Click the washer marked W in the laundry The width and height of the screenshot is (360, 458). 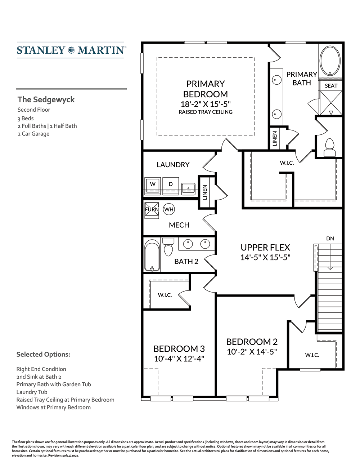coord(153,186)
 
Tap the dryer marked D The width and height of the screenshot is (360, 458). coord(171,186)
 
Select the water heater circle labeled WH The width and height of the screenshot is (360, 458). coord(169,209)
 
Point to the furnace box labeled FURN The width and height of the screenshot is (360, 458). coord(152,210)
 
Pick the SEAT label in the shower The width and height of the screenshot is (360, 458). coord(331,86)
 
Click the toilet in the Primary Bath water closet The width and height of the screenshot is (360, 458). coord(330,147)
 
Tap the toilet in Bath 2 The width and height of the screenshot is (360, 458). coord(168,247)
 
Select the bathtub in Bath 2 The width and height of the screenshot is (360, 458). coord(152,255)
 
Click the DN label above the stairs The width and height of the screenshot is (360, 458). coord(330,239)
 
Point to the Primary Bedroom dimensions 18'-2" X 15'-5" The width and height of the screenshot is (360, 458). coord(206,104)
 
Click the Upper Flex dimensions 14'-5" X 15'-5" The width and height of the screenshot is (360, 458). coord(265,257)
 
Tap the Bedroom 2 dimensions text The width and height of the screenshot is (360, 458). coord(252,352)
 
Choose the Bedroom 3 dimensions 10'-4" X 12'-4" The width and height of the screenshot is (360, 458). coord(179,359)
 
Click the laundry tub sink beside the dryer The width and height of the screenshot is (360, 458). coord(188,188)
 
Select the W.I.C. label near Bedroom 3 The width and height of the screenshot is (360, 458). coord(165,295)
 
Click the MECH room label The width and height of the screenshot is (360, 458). coord(179,225)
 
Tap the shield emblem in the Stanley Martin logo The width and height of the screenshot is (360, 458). coord(71,50)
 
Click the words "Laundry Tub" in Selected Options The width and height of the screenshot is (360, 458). coord(32,392)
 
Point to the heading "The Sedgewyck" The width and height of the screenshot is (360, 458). coord(46,99)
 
